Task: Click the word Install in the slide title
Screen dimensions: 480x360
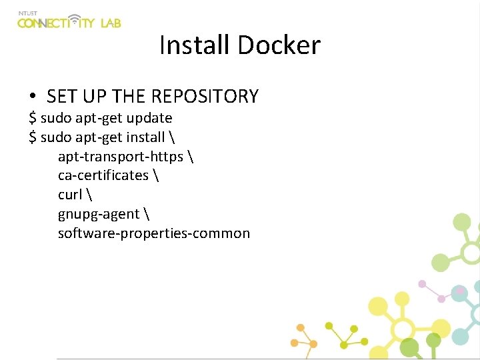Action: pyautogui.click(x=195, y=45)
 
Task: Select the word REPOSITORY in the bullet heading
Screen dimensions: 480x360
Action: pyautogui.click(x=204, y=97)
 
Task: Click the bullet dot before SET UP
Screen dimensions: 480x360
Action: pyautogui.click(x=33, y=97)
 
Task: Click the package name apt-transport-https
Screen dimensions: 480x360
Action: pyautogui.click(x=120, y=157)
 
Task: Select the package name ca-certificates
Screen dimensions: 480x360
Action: pyautogui.click(x=103, y=175)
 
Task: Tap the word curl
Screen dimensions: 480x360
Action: pyautogui.click(x=70, y=195)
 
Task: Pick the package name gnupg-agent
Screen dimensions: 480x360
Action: pyautogui.click(x=99, y=214)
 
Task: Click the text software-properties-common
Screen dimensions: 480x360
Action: pyautogui.click(x=154, y=233)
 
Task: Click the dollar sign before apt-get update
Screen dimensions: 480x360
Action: pyautogui.click(x=33, y=118)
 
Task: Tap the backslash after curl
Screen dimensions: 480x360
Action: pyautogui.click(x=89, y=195)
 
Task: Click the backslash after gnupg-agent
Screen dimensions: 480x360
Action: pyautogui.click(x=147, y=214)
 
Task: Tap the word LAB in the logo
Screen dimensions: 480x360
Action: pyautogui.click(x=111, y=23)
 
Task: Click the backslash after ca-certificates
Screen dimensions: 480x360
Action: pyautogui.click(x=156, y=175)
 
